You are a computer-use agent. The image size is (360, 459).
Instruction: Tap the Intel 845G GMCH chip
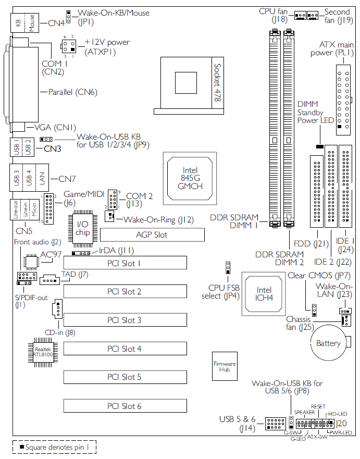pyautogui.click(x=190, y=178)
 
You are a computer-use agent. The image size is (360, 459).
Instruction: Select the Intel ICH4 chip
pyautogui.click(x=264, y=294)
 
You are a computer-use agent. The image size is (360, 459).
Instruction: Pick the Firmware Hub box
pyautogui.click(x=225, y=366)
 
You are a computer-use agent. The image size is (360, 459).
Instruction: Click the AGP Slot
pyautogui.click(x=152, y=235)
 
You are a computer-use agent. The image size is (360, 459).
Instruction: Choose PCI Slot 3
pyautogui.click(x=125, y=320)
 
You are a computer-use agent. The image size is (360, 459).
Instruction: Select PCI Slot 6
pyautogui.click(x=125, y=406)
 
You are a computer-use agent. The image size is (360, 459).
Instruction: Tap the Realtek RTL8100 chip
pyautogui.click(x=43, y=352)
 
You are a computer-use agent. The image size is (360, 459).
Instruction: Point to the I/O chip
pyautogui.click(x=83, y=228)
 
